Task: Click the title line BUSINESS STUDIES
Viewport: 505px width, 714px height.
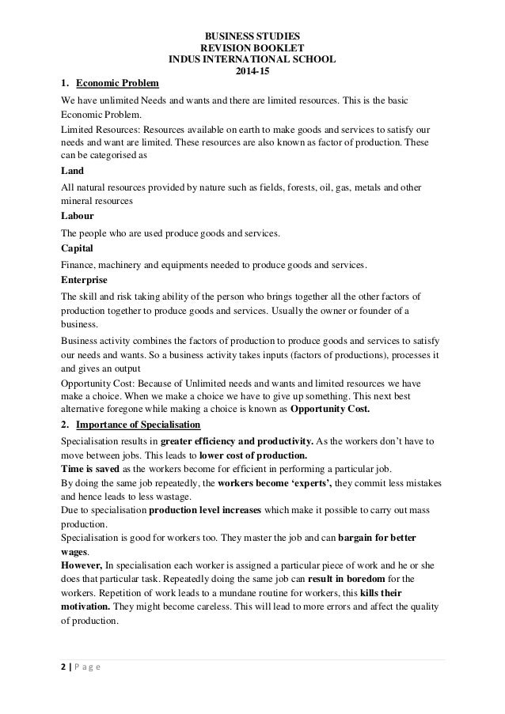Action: (252, 36)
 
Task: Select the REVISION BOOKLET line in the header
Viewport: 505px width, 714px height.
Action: (252, 48)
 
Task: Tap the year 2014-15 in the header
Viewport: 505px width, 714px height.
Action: (252, 72)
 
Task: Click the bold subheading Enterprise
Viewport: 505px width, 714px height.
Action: (85, 279)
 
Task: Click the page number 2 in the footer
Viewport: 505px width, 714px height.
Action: (64, 667)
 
